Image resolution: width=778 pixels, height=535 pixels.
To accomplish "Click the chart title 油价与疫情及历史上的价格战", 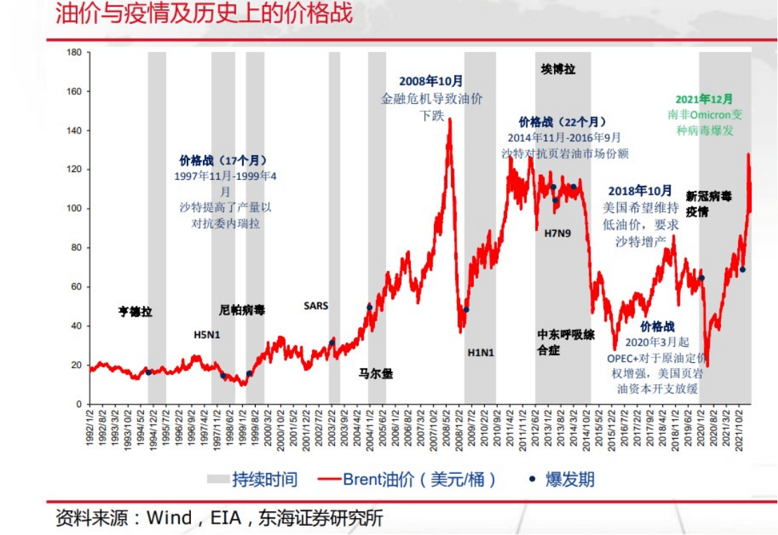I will [x=204, y=14].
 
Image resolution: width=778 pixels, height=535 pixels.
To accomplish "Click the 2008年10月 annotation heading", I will [x=431, y=81].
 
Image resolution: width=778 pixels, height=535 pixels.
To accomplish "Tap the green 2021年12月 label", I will [x=704, y=99].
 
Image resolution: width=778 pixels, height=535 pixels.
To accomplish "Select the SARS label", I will [x=315, y=305].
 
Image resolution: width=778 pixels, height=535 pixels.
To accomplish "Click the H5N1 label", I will [x=206, y=335].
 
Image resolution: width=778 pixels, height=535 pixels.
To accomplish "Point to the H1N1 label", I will [x=481, y=352].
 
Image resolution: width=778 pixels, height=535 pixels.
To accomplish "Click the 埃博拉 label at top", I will [x=558, y=69].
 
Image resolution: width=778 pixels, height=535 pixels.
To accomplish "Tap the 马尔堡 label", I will [x=376, y=374].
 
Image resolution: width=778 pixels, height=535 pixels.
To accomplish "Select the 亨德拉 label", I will [x=135, y=312].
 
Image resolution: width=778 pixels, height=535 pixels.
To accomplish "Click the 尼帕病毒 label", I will [x=242, y=310].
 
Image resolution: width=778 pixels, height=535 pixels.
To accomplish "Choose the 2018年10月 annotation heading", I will [x=640, y=191].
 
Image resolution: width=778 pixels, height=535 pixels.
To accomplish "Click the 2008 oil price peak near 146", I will [x=449, y=119].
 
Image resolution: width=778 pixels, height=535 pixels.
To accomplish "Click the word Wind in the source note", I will [x=169, y=518].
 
